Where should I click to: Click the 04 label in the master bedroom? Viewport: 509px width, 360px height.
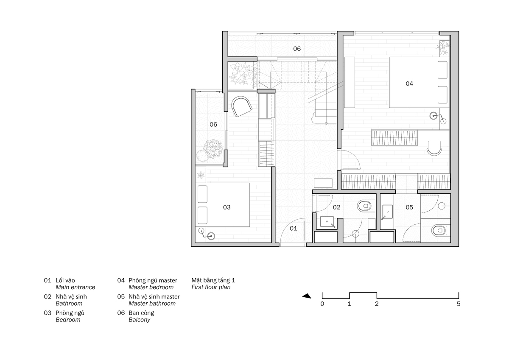409,84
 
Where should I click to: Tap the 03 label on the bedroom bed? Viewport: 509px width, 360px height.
227,207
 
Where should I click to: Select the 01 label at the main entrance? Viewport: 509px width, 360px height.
294,229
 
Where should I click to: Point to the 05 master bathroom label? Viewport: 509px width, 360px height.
409,207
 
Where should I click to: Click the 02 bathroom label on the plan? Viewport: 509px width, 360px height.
336,207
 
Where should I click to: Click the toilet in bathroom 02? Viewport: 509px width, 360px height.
364,206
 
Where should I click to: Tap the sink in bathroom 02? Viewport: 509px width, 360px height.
327,222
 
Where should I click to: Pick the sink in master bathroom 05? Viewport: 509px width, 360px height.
387,212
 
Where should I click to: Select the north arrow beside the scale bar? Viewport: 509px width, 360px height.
307,296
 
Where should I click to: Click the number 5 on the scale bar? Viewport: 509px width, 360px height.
459,304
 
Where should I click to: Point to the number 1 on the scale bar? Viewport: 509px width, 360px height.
349,304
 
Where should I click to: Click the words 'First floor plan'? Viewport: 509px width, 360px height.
211,287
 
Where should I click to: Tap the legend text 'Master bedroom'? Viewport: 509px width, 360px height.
151,287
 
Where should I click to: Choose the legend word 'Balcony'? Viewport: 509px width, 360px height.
139,320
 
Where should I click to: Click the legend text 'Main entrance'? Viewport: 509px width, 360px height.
75,287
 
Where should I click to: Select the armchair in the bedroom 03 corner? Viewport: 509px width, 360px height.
241,106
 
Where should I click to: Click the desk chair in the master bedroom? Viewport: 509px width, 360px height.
434,148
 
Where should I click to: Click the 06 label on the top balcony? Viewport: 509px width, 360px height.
297,49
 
